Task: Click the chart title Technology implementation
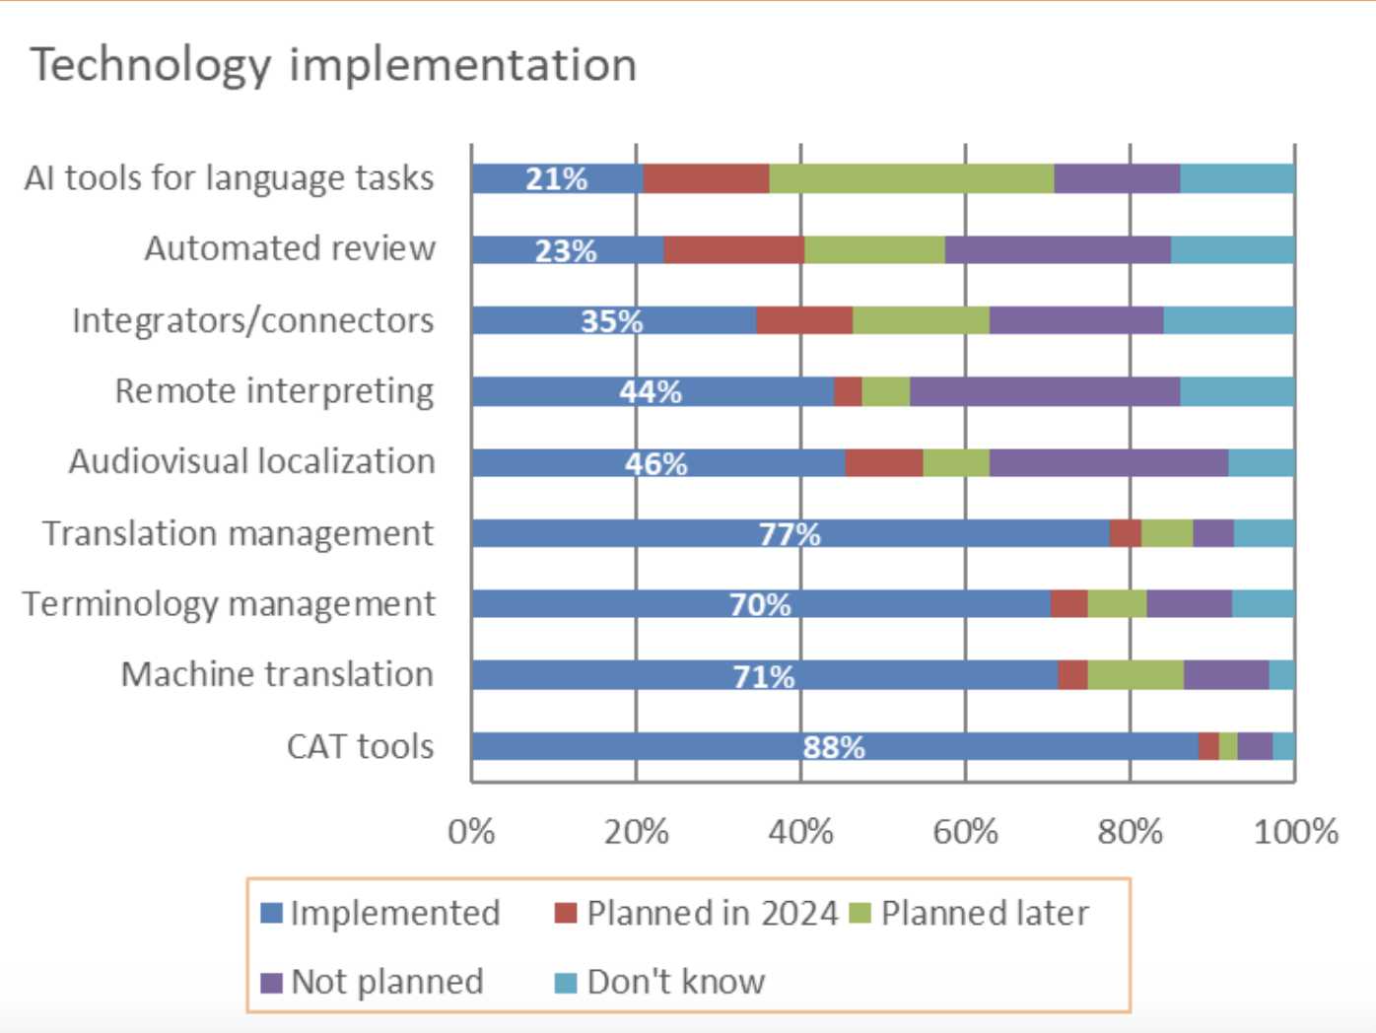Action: [333, 66]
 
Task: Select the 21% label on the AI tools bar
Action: [557, 179]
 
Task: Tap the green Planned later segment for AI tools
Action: [912, 178]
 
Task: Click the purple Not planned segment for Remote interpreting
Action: [1045, 391]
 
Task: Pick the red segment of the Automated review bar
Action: [734, 249]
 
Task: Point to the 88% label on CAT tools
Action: [834, 747]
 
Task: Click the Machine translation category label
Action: [277, 674]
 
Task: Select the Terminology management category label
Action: [229, 605]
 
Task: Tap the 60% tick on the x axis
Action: [965, 833]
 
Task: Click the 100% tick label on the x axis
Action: [1296, 833]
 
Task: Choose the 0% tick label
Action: [471, 833]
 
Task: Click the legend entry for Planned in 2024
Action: [697, 913]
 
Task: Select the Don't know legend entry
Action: [660, 982]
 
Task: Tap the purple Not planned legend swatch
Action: [271, 983]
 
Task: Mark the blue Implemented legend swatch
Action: [271, 913]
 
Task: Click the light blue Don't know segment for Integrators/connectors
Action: [1229, 320]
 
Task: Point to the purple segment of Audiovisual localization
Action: [1109, 462]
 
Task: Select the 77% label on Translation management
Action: [790, 534]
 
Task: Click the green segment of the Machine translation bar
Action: [1135, 675]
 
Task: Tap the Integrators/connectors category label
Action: [253, 321]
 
